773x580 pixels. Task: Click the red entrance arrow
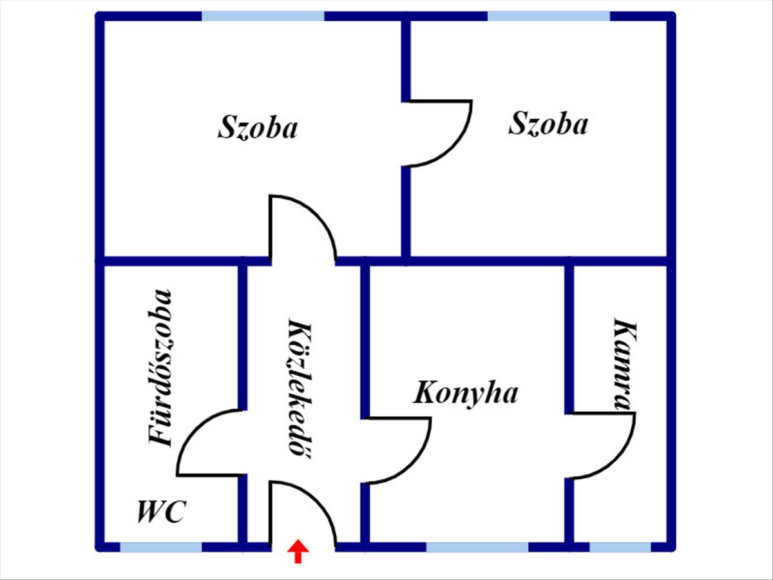[298, 552]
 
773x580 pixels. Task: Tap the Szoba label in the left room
[258, 127]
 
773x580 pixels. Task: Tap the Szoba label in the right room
[548, 123]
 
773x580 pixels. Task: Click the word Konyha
[465, 392]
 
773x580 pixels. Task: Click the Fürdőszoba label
[160, 367]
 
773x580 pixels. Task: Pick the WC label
[161, 512]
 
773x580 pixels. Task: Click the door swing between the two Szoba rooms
[438, 133]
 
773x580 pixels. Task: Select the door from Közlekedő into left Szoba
[301, 229]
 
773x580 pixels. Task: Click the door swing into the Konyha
[396, 450]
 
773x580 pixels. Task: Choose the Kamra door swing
[602, 445]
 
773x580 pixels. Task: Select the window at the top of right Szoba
[548, 16]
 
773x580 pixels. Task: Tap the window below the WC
[160, 547]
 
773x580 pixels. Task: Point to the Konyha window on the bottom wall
[477, 547]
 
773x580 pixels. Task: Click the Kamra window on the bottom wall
[620, 547]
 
